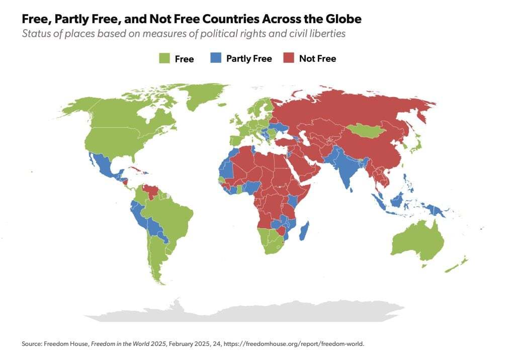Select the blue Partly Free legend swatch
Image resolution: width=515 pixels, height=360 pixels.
tap(216, 59)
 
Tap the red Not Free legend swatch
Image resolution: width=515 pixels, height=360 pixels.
tap(289, 59)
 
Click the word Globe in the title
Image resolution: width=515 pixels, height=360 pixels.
tap(341, 20)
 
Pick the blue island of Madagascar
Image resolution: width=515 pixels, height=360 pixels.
tap(304, 232)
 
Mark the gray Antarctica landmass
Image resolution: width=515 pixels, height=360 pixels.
tap(251, 312)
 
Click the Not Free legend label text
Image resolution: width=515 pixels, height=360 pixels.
tap(317, 59)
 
